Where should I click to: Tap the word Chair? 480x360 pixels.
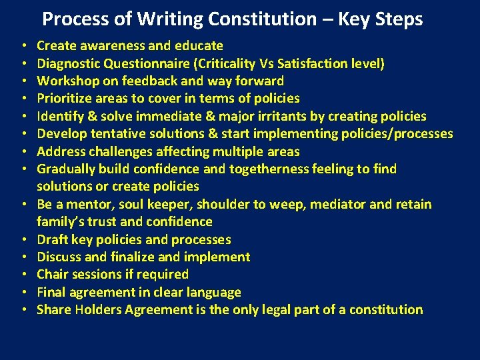coord(51,274)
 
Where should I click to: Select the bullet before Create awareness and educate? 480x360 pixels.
coord(24,46)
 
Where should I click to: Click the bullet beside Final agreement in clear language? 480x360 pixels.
coord(24,292)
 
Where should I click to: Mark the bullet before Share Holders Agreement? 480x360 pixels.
coord(24,309)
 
